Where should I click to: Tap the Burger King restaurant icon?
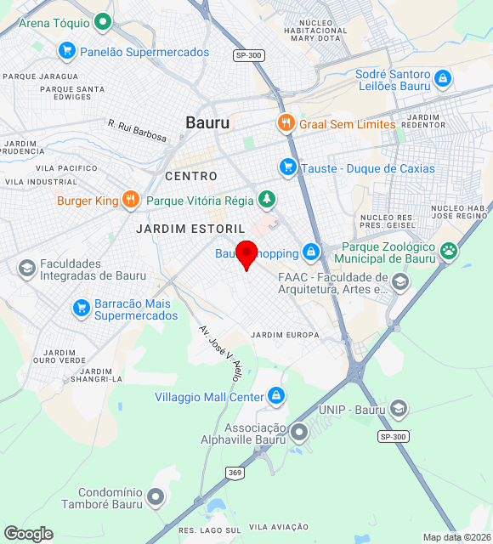[x=130, y=201]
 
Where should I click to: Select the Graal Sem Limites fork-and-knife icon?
[x=286, y=124]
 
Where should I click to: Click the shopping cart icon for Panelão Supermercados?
[x=66, y=52]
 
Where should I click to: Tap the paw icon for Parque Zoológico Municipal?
[x=449, y=251]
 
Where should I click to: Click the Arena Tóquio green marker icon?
[x=103, y=23]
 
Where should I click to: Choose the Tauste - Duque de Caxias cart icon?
[x=287, y=167]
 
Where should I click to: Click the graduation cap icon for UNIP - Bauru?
[x=399, y=410]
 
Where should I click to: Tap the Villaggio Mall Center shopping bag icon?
[x=276, y=396]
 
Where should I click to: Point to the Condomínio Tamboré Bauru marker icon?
[x=156, y=497]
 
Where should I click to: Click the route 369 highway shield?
[x=235, y=472]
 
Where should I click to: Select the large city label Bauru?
[x=207, y=123]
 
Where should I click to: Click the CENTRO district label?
[x=191, y=176]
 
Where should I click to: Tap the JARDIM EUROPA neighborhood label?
[x=286, y=335]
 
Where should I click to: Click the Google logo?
[x=28, y=534]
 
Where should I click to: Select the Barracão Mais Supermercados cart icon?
[x=81, y=309]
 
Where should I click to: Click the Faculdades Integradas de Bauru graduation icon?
[x=26, y=269]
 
